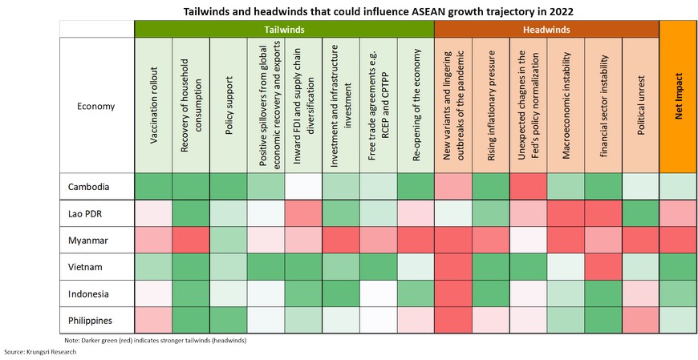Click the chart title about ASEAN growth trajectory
(x=348, y=10)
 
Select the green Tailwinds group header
(x=284, y=28)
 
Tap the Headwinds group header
(x=546, y=28)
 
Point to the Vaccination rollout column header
(x=153, y=105)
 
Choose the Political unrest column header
(x=640, y=105)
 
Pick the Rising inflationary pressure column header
(x=490, y=105)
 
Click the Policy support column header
(x=229, y=105)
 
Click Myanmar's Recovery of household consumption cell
(x=191, y=240)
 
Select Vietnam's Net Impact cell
(x=679, y=266)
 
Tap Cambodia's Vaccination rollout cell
(x=153, y=186)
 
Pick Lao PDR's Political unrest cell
(x=640, y=213)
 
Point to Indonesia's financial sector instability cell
(x=603, y=293)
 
